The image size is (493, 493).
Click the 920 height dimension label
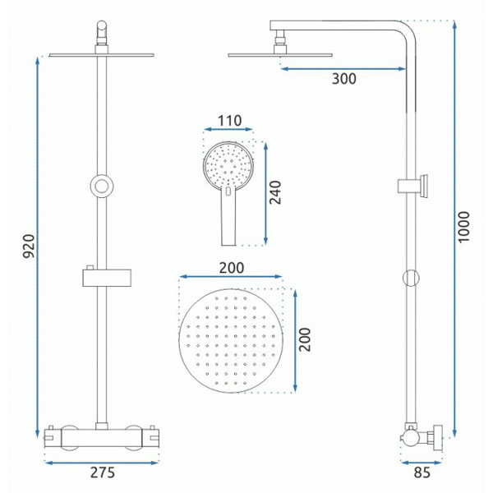pyautogui.click(x=29, y=246)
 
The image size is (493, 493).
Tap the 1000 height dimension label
pyautogui.click(x=463, y=227)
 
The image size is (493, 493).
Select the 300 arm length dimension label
pyautogui.click(x=344, y=79)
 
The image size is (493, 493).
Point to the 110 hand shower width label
pyautogui.click(x=229, y=121)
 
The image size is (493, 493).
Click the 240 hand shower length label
pyautogui.click(x=275, y=192)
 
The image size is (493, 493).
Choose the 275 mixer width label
pyautogui.click(x=103, y=472)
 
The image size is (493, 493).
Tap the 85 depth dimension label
pyautogui.click(x=422, y=472)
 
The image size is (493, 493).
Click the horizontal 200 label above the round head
pyautogui.click(x=232, y=268)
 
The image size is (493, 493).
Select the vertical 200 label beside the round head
pyautogui.click(x=305, y=339)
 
